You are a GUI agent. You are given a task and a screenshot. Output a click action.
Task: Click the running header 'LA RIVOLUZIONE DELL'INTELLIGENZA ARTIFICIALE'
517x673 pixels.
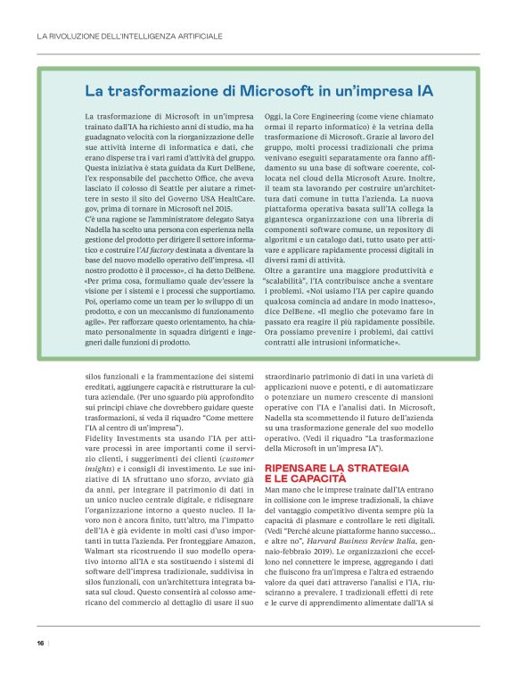pos(128,37)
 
